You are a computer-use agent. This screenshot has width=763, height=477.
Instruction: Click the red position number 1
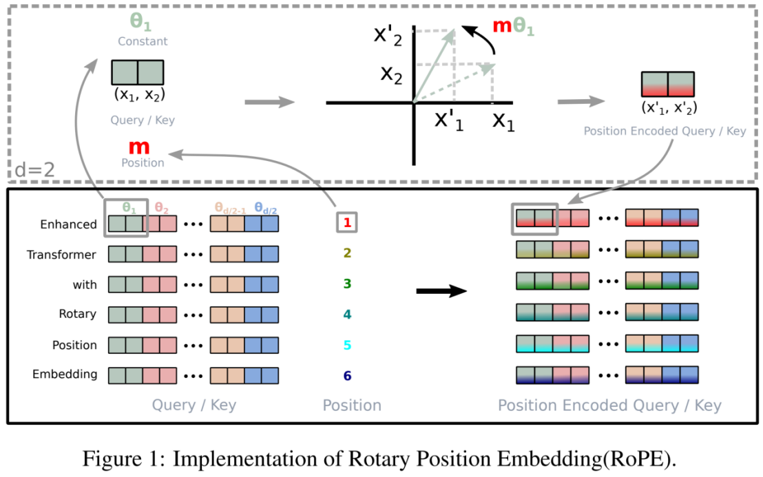point(347,222)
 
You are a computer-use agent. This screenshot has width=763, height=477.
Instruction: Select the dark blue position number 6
point(347,375)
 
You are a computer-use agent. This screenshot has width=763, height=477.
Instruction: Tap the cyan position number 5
point(347,345)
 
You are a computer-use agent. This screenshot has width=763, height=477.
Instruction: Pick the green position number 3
point(347,284)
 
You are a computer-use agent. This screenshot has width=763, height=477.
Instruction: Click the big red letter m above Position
point(139,147)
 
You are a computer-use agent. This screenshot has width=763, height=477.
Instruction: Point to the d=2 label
point(34,170)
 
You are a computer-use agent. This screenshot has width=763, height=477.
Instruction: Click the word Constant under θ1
point(143,41)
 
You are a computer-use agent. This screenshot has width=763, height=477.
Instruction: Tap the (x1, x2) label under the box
point(140,94)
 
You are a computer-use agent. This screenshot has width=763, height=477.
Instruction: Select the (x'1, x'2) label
point(669,107)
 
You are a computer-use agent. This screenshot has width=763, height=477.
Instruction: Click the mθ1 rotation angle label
point(513,26)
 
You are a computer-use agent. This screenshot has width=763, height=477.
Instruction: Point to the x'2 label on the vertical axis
point(388,35)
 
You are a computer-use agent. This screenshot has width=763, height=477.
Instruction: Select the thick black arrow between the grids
point(441,291)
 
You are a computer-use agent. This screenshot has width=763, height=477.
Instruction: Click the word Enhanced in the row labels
point(69,224)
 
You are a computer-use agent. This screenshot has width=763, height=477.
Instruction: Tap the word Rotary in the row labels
point(77,314)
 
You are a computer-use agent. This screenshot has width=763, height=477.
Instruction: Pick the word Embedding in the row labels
point(65,374)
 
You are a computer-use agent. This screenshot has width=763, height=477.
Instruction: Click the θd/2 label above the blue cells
point(266,209)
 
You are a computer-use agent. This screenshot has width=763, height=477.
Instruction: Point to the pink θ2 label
point(162,208)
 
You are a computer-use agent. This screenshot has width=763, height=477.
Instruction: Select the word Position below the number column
point(353,405)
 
